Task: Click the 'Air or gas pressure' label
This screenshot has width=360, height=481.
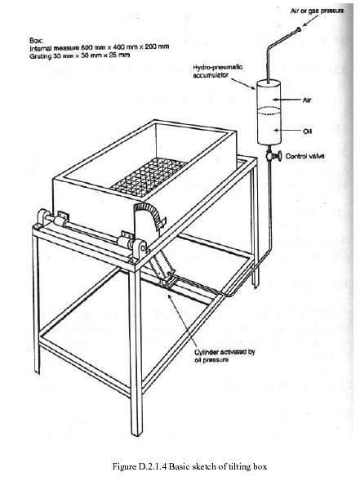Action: coord(317,11)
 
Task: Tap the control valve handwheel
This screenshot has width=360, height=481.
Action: coord(279,156)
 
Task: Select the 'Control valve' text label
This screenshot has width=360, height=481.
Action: coord(304,156)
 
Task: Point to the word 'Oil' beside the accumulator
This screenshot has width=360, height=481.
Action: coord(307,131)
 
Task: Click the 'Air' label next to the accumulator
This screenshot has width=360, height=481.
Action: coord(307,100)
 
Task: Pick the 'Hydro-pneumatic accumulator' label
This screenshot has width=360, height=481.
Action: coord(218,71)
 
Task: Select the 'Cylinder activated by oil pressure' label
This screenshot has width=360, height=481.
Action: coord(224,355)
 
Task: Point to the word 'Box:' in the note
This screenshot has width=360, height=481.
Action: coord(36,41)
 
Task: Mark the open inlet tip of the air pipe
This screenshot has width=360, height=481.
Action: coord(298,29)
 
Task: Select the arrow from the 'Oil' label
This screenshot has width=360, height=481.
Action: coord(287,131)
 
